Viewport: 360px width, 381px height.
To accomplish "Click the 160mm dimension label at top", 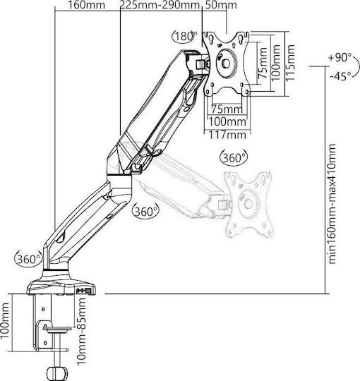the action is pos(86,5).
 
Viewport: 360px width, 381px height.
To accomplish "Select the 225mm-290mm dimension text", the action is pos(160,5).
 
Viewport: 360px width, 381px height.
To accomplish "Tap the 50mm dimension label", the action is pos(221,5).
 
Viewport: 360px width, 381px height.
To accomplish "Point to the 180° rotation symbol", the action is pos(185,37).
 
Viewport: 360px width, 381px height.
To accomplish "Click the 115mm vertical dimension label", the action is pos(291,63).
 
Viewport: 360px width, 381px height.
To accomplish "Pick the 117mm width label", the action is pos(227,134).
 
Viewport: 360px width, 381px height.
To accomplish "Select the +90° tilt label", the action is pos(340,58).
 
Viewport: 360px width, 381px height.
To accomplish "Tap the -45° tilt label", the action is pos(341,76).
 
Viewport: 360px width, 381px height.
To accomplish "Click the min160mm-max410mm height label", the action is pos(332,204).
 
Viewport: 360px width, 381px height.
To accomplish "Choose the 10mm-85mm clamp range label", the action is pos(82,331).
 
